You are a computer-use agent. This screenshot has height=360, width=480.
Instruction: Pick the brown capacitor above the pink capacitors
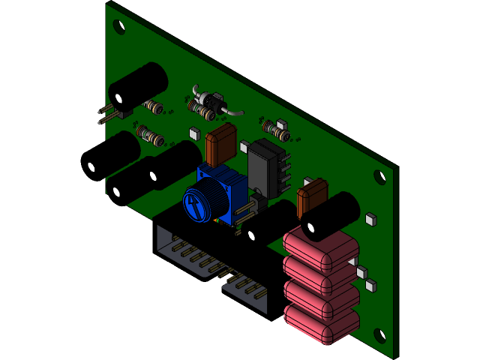tap(311, 197)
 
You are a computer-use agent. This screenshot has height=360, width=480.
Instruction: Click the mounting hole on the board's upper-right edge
tap(379, 178)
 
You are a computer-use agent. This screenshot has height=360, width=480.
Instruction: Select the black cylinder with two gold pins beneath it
tap(139, 85)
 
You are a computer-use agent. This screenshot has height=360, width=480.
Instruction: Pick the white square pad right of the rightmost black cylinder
tap(370, 220)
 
